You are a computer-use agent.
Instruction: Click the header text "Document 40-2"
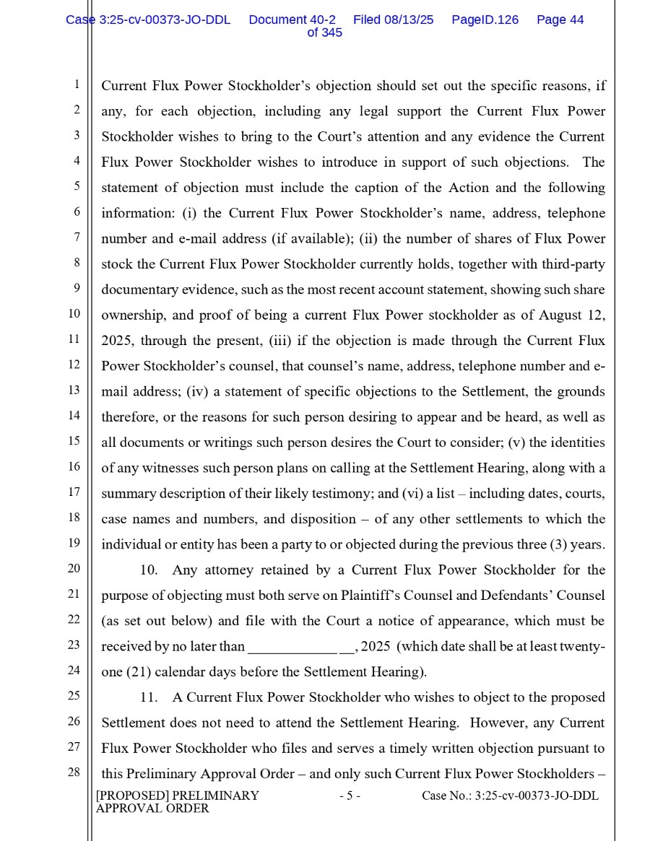coord(292,20)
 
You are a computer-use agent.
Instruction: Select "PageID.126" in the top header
coord(485,20)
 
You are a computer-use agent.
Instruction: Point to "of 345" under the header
coord(324,33)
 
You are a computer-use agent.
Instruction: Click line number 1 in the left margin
coord(77,85)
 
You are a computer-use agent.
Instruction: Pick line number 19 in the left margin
coord(74,543)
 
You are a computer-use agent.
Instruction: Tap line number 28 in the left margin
coord(74,772)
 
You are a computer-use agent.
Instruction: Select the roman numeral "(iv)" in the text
coord(197,391)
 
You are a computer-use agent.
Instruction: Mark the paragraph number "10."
coord(149,570)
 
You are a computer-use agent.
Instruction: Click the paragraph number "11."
coord(149,697)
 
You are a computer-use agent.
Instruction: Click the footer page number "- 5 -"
coord(350,796)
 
